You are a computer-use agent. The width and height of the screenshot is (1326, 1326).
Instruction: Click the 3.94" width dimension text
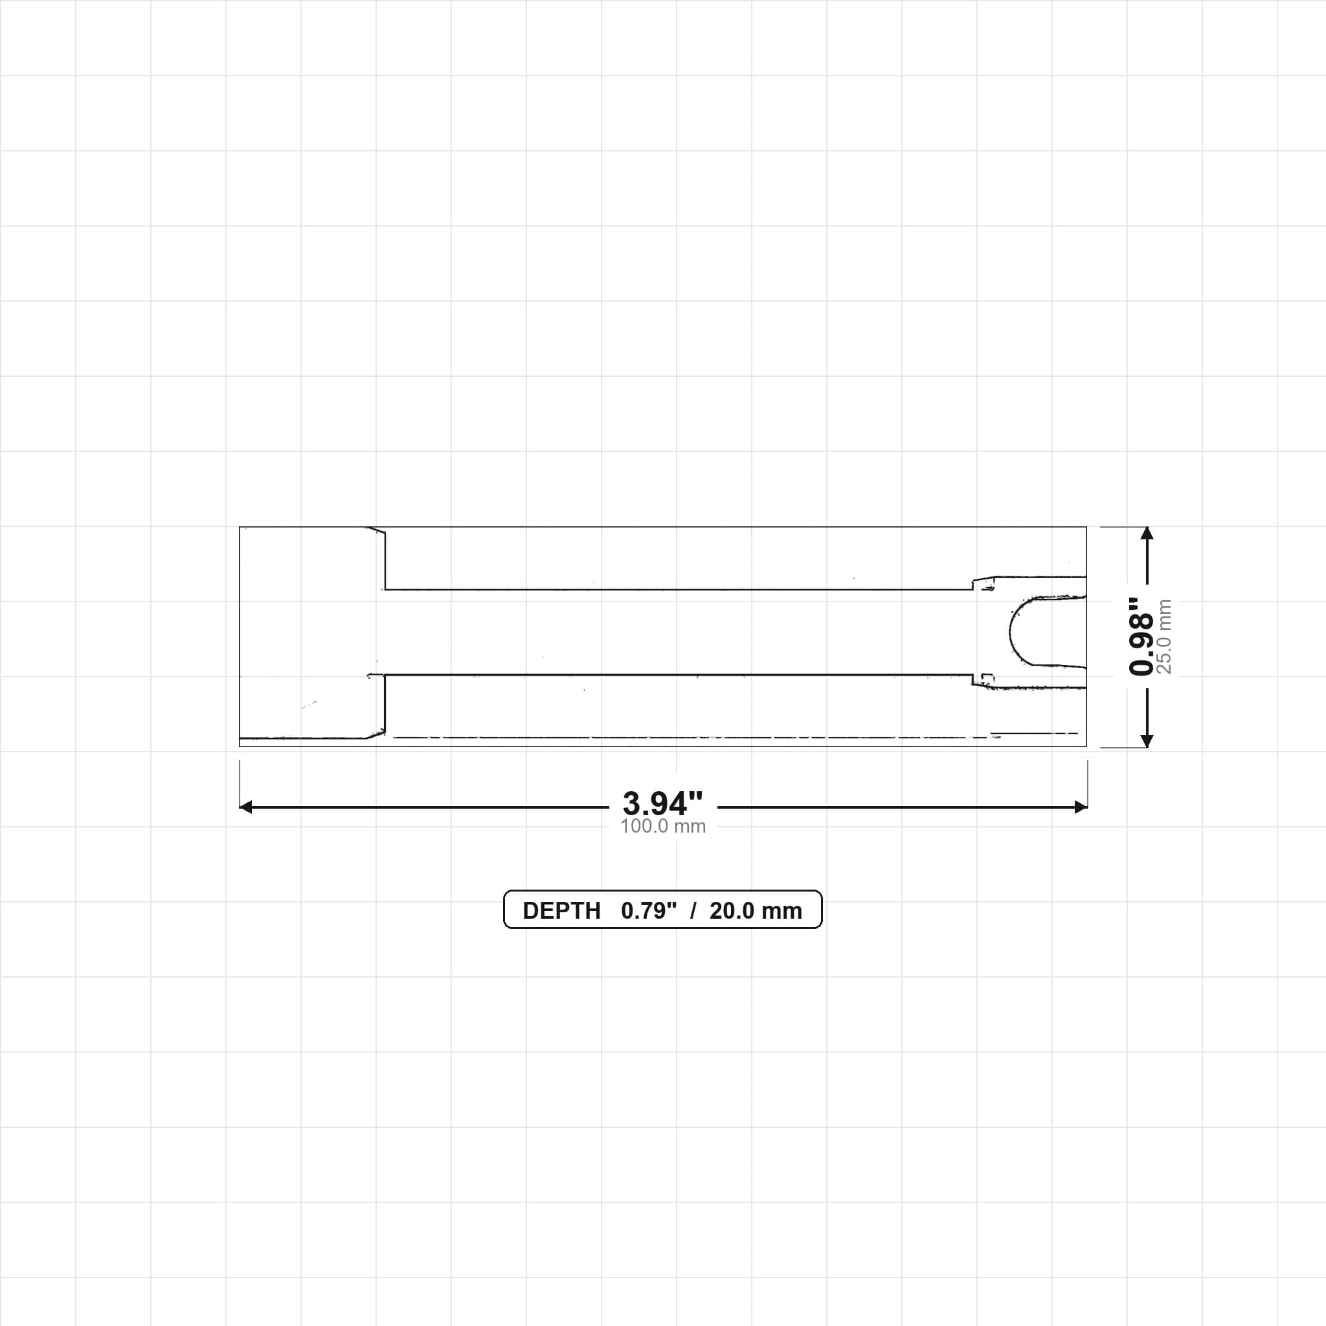pyautogui.click(x=662, y=802)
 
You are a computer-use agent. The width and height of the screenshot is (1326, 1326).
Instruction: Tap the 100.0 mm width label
pyautogui.click(x=663, y=826)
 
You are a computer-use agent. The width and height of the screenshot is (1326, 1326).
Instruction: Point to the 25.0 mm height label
pyautogui.click(x=1164, y=636)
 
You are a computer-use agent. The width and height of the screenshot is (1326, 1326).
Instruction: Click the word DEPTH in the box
pyautogui.click(x=561, y=911)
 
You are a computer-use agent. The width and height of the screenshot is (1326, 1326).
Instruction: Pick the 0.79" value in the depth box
pyautogui.click(x=649, y=910)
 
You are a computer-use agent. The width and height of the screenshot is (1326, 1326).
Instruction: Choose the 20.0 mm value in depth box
pyautogui.click(x=756, y=911)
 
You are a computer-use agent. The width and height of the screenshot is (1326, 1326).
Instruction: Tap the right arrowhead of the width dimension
pyautogui.click(x=1081, y=807)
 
